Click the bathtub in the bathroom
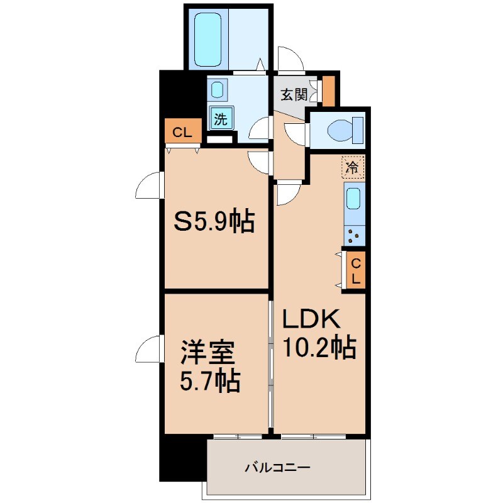tap(208, 40)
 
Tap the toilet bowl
tap(340, 131)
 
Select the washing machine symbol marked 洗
tap(221, 118)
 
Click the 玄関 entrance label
tap(294, 95)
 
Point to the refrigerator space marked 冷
tap(353, 167)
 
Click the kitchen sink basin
tap(353, 199)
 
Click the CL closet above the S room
tap(183, 131)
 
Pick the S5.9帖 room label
tap(214, 221)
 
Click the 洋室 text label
tap(207, 352)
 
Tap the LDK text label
tap(311, 319)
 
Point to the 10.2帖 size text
tap(319, 347)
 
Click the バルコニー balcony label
tap(278, 467)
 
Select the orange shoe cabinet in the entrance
tap(328, 91)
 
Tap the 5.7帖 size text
tap(210, 382)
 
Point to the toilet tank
tap(358, 130)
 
